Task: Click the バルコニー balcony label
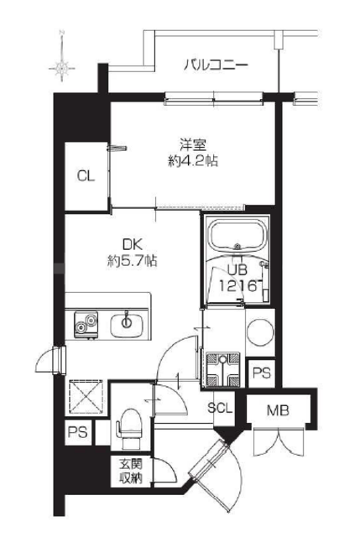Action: [216, 65]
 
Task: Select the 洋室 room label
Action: [193, 145]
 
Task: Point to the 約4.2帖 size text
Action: [193, 160]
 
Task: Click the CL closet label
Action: [86, 176]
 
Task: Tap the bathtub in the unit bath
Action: [238, 236]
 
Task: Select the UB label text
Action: [237, 270]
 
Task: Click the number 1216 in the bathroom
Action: [238, 285]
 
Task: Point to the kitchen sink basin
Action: [127, 325]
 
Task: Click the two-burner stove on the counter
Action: [86, 325]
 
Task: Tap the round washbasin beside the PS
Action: [261, 332]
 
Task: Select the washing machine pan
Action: [223, 369]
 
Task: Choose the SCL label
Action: [220, 408]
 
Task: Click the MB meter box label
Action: [278, 410]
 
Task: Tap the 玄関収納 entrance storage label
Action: [131, 472]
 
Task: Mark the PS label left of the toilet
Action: [78, 432]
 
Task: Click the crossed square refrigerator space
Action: [86, 397]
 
